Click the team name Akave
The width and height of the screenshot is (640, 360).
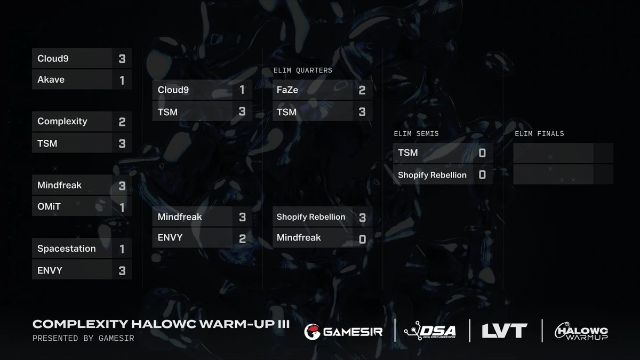pos(51,80)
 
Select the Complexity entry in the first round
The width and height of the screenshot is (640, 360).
pos(62,122)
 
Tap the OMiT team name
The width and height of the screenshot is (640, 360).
pos(50,206)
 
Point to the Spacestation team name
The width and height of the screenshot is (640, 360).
pos(67,249)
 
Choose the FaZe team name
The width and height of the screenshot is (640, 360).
pos(287,90)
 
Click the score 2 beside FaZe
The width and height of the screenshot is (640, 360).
pos(362,90)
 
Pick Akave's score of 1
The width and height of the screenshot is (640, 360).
pos(122,81)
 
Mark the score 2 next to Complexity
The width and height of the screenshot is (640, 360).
pos(122,122)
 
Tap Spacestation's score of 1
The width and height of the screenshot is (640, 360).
pos(122,249)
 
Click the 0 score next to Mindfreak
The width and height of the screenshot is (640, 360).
pos(362,239)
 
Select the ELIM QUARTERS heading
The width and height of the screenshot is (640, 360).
pos(302,70)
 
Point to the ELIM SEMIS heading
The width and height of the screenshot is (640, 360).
pos(415,133)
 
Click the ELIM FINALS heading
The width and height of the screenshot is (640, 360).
pos(539,133)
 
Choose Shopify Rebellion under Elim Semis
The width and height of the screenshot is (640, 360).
pos(432,175)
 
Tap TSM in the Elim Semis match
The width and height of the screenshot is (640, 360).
pos(408,153)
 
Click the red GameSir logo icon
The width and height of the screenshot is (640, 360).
pos(312,331)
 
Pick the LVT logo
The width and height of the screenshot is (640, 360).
pos(505,331)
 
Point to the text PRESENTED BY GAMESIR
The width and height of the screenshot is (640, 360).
pos(83,339)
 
